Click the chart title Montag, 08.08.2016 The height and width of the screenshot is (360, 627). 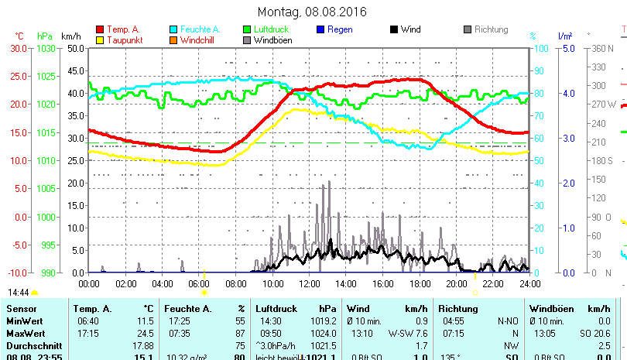312,12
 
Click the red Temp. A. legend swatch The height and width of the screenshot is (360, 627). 100,29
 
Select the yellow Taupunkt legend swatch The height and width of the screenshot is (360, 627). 100,39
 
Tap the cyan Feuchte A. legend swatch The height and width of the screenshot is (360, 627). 174,29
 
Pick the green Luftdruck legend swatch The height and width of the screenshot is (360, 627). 247,29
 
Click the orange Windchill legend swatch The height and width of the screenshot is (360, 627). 174,39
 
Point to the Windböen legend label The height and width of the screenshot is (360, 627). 272,39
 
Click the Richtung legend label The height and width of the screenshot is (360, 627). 491,29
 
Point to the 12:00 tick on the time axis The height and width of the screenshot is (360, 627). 309,284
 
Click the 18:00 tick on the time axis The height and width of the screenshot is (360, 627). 419,284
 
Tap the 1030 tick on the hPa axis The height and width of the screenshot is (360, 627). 46,48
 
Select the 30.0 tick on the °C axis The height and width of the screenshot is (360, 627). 19,48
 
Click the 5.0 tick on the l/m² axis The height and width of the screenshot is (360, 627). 567,48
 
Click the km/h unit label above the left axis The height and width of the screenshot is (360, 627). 71,36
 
